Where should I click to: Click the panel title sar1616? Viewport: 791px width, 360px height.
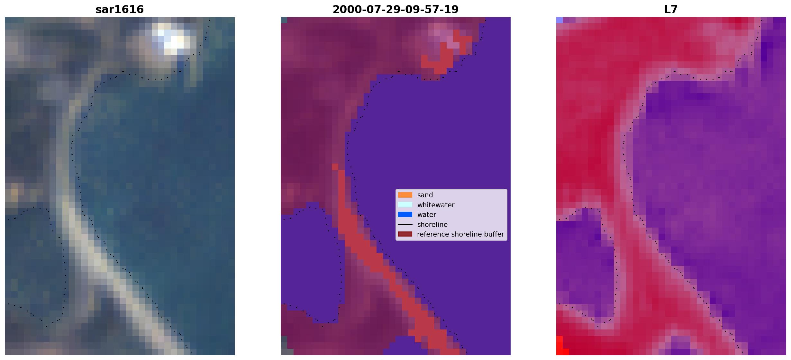point(120,9)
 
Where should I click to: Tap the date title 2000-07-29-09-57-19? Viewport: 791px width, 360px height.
point(395,9)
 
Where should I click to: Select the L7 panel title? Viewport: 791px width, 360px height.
point(671,9)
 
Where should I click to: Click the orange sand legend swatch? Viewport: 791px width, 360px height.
point(405,195)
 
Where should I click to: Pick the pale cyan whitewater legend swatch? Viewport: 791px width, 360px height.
point(405,205)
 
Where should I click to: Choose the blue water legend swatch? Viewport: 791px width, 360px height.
point(405,214)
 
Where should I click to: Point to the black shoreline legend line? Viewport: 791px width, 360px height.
point(405,224)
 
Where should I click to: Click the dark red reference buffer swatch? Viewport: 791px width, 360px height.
point(405,234)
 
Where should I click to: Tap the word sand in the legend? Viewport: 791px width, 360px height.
point(425,195)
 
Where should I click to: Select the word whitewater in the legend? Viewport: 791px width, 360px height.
point(436,205)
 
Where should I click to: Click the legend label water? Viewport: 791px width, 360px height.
point(427,215)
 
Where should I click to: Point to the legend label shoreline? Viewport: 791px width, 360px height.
point(432,224)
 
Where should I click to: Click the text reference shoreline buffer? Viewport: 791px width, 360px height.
point(460,234)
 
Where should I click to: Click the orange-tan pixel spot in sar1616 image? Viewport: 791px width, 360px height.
point(14,192)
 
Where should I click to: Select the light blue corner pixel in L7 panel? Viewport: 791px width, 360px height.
point(559,20)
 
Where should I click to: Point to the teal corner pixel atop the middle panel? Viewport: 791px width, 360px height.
point(284,20)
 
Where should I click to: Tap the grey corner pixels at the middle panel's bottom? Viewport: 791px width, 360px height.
point(284,346)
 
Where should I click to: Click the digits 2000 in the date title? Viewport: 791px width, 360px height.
point(344,9)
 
